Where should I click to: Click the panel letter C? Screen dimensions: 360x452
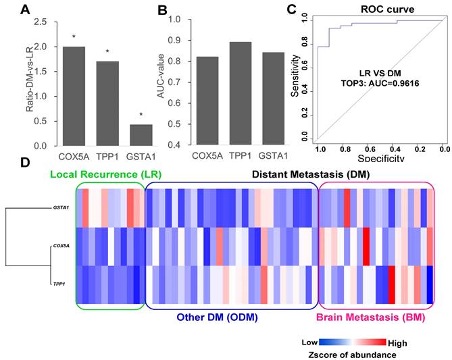(x=292, y=10)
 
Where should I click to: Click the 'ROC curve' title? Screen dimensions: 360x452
(x=377, y=11)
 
